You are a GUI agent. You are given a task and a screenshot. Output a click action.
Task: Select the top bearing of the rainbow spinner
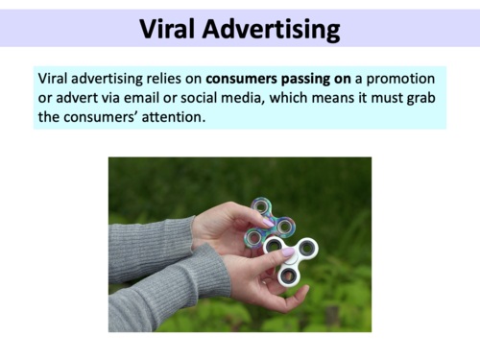[x=262, y=205]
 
